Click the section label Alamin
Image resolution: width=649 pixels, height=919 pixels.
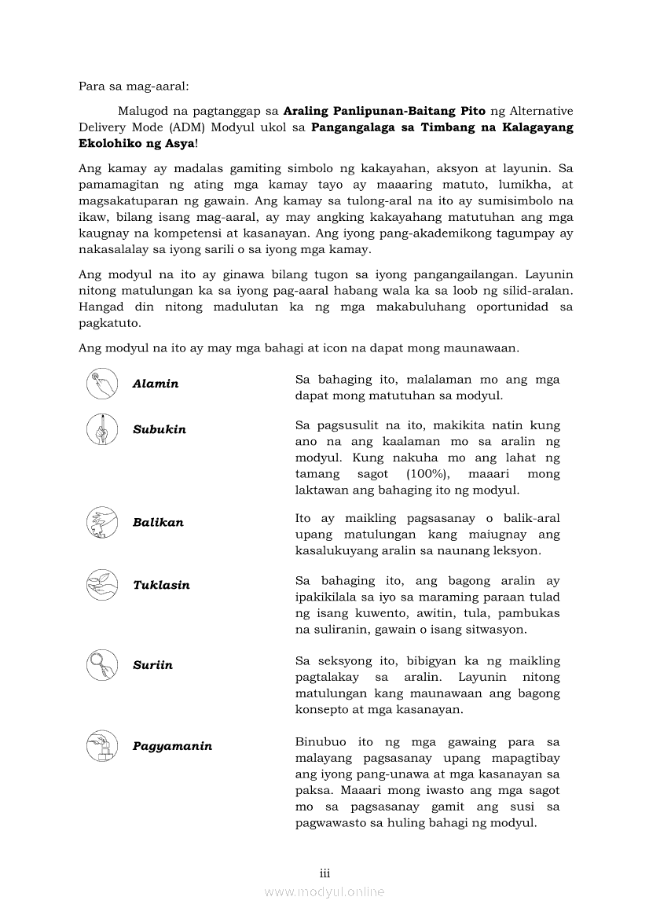tap(156, 384)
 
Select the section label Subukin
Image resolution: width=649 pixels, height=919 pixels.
tap(159, 429)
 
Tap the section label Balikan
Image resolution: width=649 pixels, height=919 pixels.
tap(158, 522)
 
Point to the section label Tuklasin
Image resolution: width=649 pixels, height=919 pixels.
tap(161, 585)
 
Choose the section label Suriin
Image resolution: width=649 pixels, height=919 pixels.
tap(152, 665)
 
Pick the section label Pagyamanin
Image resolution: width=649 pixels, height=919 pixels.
tap(172, 746)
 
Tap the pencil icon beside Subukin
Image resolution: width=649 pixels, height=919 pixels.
tap(101, 428)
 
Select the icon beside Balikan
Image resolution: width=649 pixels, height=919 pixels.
tap(101, 522)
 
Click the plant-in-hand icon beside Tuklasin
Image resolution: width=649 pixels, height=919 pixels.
tap(101, 584)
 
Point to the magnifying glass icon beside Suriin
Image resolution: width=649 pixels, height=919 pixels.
tap(101, 665)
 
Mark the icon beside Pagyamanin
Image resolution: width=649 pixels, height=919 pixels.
tap(101, 745)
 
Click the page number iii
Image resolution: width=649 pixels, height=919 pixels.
tap(324, 873)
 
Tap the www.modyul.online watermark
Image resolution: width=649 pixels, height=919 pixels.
tap(324, 891)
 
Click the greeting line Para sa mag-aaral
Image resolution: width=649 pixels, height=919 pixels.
tap(134, 86)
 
